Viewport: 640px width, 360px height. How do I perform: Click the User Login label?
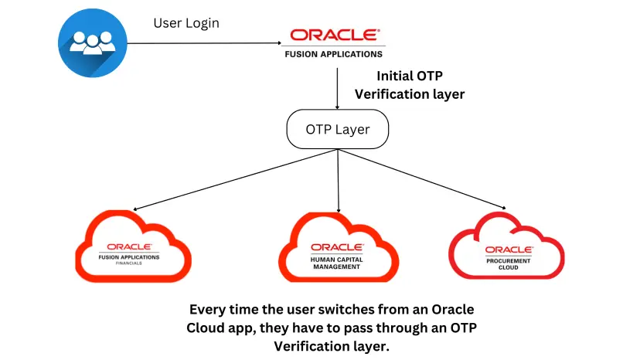pyautogui.click(x=186, y=23)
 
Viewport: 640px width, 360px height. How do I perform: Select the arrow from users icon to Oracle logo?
pyautogui.click(x=201, y=44)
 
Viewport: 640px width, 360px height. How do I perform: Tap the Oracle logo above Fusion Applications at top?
pyautogui.click(x=334, y=36)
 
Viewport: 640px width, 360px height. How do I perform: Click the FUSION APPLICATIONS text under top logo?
pyautogui.click(x=334, y=54)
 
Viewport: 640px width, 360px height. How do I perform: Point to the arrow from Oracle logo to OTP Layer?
pyautogui.click(x=338, y=88)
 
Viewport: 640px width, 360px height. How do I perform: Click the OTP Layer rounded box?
pyautogui.click(x=338, y=130)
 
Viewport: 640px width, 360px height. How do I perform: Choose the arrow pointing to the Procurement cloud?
pyautogui.click(x=425, y=179)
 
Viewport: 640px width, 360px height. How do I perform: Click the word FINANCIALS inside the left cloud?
pyautogui.click(x=129, y=263)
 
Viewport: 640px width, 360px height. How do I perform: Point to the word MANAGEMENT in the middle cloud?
pyautogui.click(x=337, y=267)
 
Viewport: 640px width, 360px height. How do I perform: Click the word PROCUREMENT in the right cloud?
pyautogui.click(x=508, y=259)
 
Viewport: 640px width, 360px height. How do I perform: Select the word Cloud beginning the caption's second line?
pyautogui.click(x=209, y=327)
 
